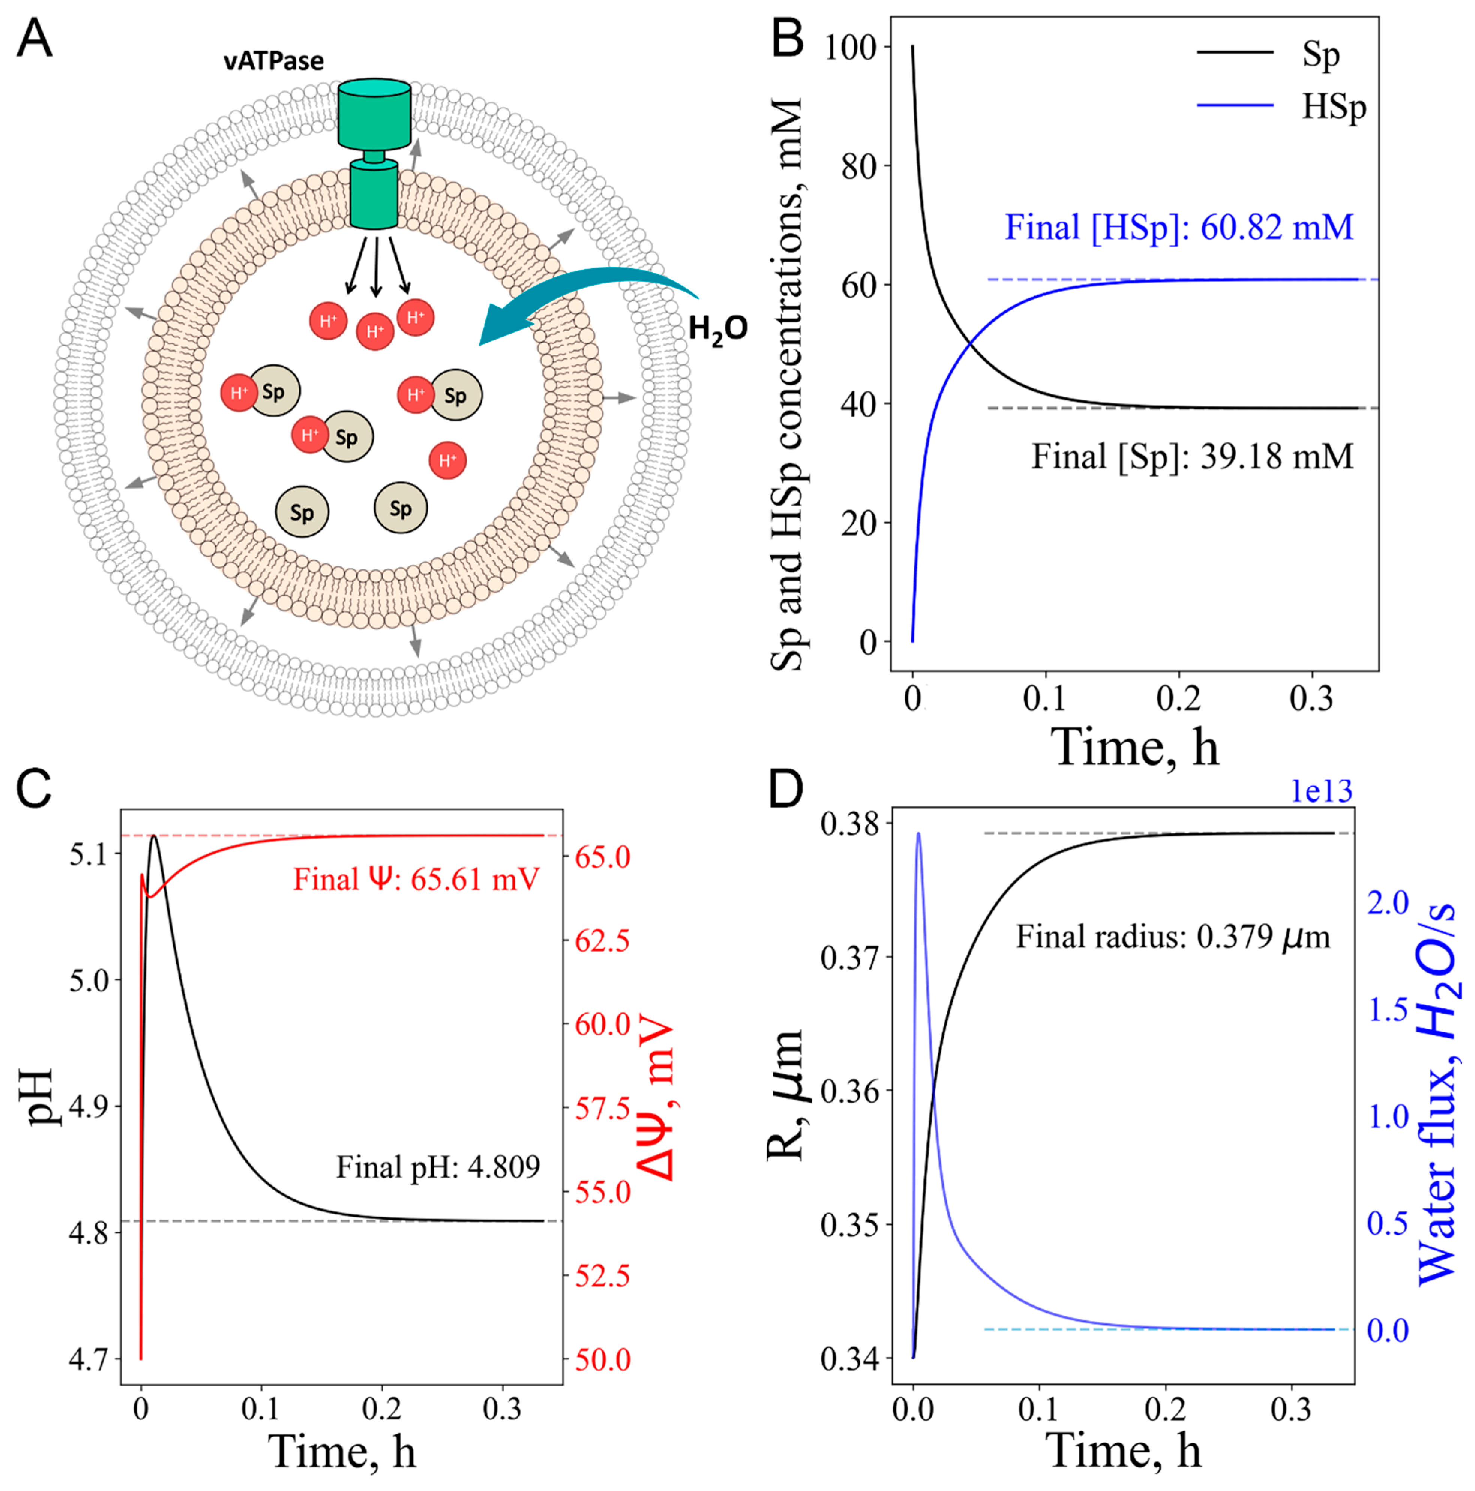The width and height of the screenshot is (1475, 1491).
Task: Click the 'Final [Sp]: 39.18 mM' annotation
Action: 1193,456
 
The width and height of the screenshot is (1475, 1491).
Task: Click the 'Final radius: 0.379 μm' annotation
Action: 1172,937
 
